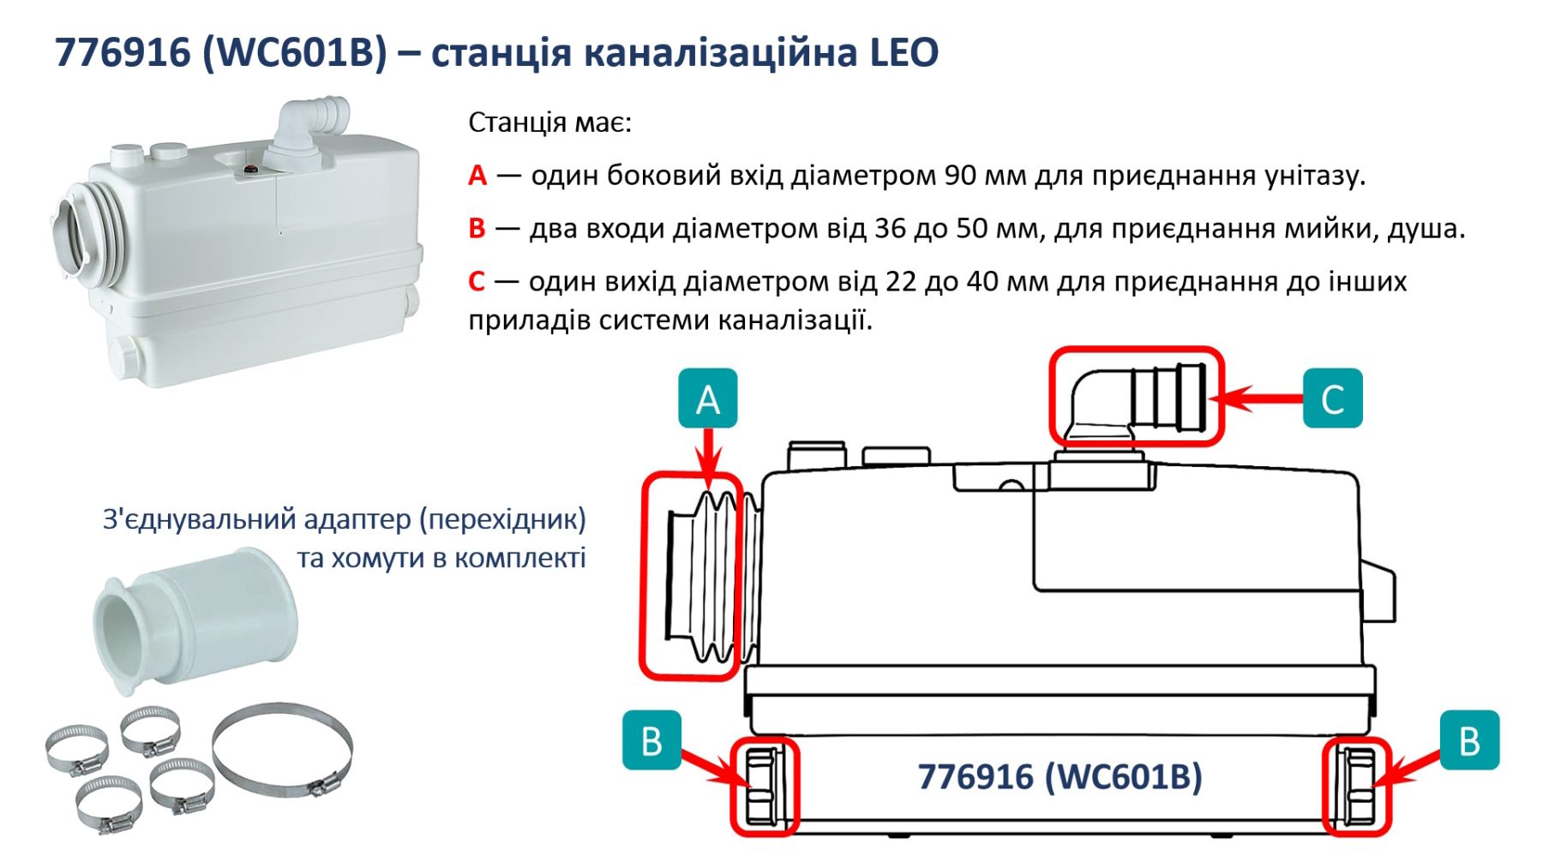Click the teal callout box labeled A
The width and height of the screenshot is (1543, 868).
(x=707, y=398)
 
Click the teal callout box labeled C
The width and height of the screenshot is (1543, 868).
(x=1332, y=398)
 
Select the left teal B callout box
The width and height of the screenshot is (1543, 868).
(x=651, y=740)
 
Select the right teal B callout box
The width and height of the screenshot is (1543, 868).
(x=1469, y=740)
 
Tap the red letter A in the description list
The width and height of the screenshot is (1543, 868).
(x=477, y=176)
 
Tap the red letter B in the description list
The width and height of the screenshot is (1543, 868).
(x=477, y=229)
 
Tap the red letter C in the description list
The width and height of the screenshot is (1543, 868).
(x=477, y=282)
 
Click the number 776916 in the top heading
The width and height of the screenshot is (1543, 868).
(x=123, y=53)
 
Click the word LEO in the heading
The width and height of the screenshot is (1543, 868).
(x=905, y=53)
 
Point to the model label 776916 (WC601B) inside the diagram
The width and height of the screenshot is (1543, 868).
(x=1060, y=777)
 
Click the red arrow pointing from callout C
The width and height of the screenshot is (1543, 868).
(x=1255, y=398)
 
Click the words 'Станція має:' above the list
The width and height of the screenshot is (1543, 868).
(x=549, y=123)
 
